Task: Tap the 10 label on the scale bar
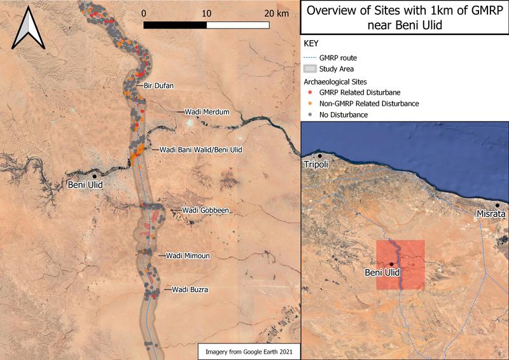click(x=206, y=13)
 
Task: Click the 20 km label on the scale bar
click(x=277, y=13)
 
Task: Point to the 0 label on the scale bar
click(x=144, y=13)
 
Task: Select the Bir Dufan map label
click(x=158, y=85)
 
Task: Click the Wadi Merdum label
click(x=207, y=112)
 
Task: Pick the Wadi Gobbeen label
click(x=206, y=210)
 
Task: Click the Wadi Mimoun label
click(x=188, y=256)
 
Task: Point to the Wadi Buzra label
click(x=190, y=289)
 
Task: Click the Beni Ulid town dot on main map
click(x=94, y=176)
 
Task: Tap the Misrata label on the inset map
click(x=491, y=215)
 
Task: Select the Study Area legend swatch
click(x=310, y=69)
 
